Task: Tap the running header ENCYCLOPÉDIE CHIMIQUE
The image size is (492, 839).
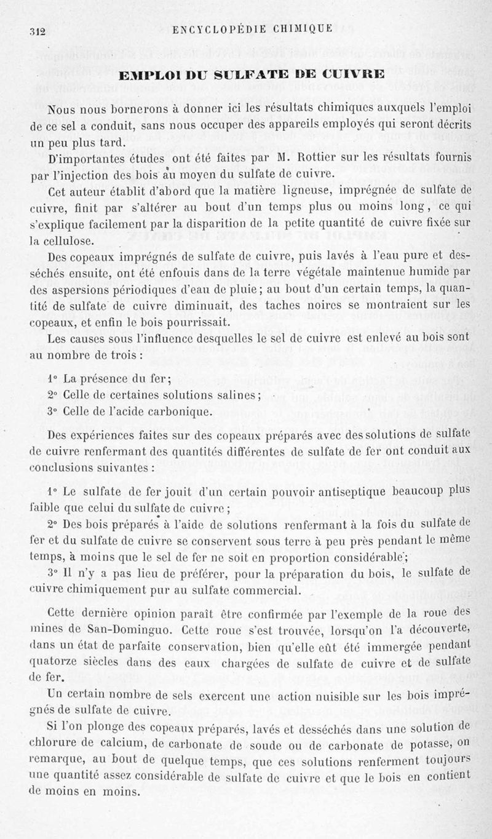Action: tap(253, 28)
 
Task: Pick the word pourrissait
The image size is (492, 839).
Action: tap(185, 322)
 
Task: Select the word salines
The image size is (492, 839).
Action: tap(240, 395)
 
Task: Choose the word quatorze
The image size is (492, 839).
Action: tap(55, 661)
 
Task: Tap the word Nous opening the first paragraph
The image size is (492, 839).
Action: tap(61, 109)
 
